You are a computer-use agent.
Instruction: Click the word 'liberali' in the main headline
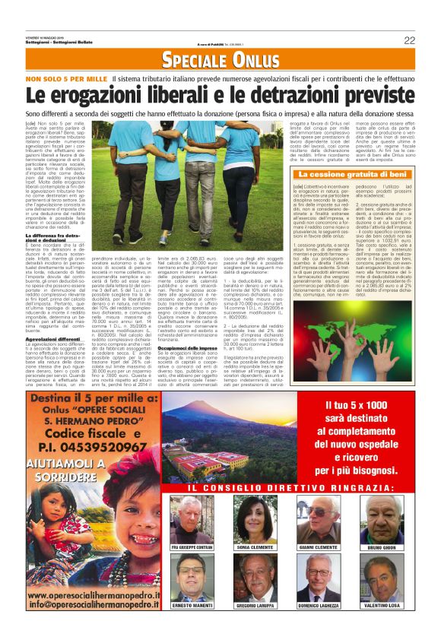170,95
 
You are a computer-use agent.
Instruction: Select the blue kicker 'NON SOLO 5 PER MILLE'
66,78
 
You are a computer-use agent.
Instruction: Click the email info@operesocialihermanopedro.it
87,605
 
